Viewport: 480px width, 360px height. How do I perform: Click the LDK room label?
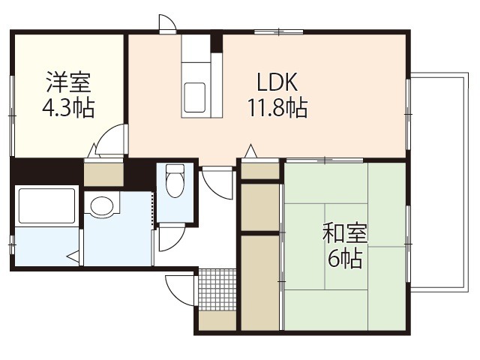(x=277, y=82)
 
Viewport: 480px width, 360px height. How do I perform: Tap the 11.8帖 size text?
(x=277, y=107)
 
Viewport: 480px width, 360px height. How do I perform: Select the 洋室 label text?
(x=68, y=82)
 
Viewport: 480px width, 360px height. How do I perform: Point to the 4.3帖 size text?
(x=68, y=107)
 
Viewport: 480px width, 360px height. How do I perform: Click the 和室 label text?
(x=345, y=233)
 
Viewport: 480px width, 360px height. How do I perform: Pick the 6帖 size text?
(x=345, y=259)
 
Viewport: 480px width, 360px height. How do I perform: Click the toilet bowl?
(x=175, y=181)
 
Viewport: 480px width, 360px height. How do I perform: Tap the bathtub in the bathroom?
(x=46, y=206)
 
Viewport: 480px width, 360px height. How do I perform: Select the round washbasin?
(x=102, y=206)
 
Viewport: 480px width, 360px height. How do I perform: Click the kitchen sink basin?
(x=194, y=97)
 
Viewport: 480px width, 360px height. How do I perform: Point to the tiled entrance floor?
(x=217, y=289)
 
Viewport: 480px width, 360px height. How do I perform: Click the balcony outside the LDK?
(x=439, y=183)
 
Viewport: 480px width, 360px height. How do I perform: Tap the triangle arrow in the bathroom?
(x=73, y=256)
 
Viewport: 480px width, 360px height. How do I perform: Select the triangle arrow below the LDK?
(x=251, y=151)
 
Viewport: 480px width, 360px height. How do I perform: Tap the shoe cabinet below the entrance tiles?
(x=217, y=320)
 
